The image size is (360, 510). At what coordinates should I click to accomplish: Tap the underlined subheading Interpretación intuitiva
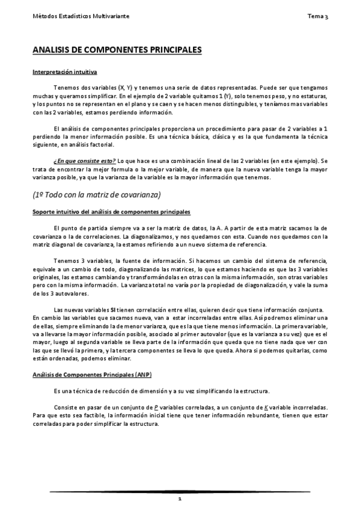point(64,72)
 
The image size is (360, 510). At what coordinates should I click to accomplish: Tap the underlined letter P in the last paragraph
point(156,406)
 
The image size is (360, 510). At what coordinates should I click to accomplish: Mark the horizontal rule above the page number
point(180,492)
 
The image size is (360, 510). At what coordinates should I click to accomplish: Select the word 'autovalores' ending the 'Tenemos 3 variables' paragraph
point(71,293)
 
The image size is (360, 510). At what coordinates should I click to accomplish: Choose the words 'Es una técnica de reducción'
point(91,391)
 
